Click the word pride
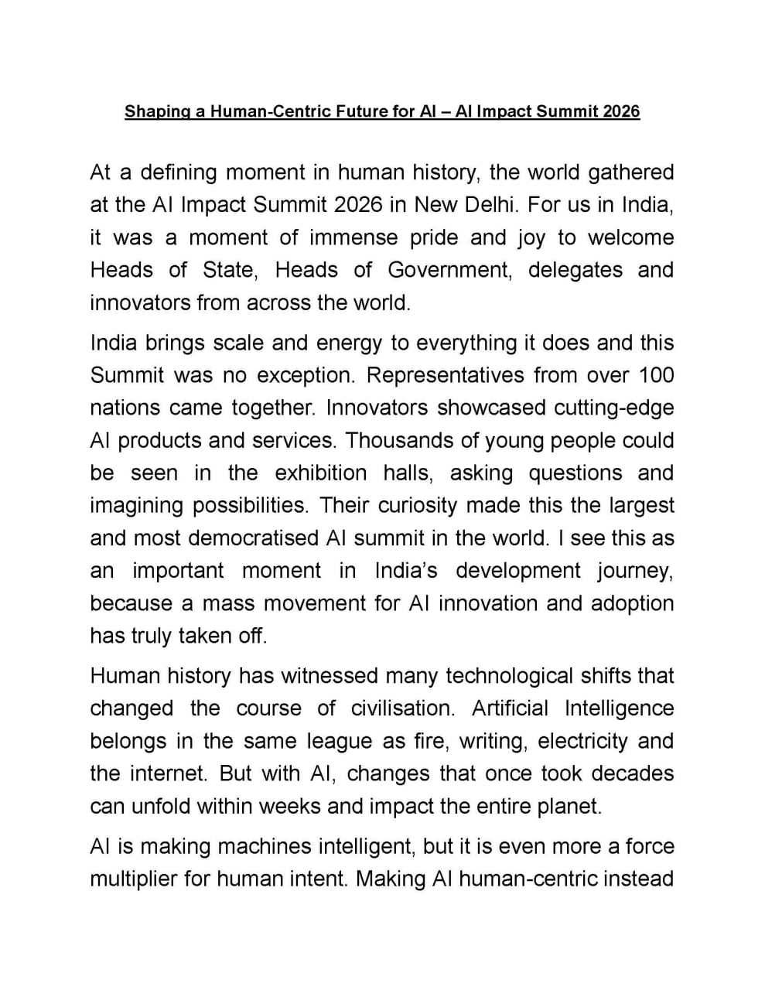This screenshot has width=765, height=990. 434,237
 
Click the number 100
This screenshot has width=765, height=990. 656,375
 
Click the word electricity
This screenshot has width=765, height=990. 582,741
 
